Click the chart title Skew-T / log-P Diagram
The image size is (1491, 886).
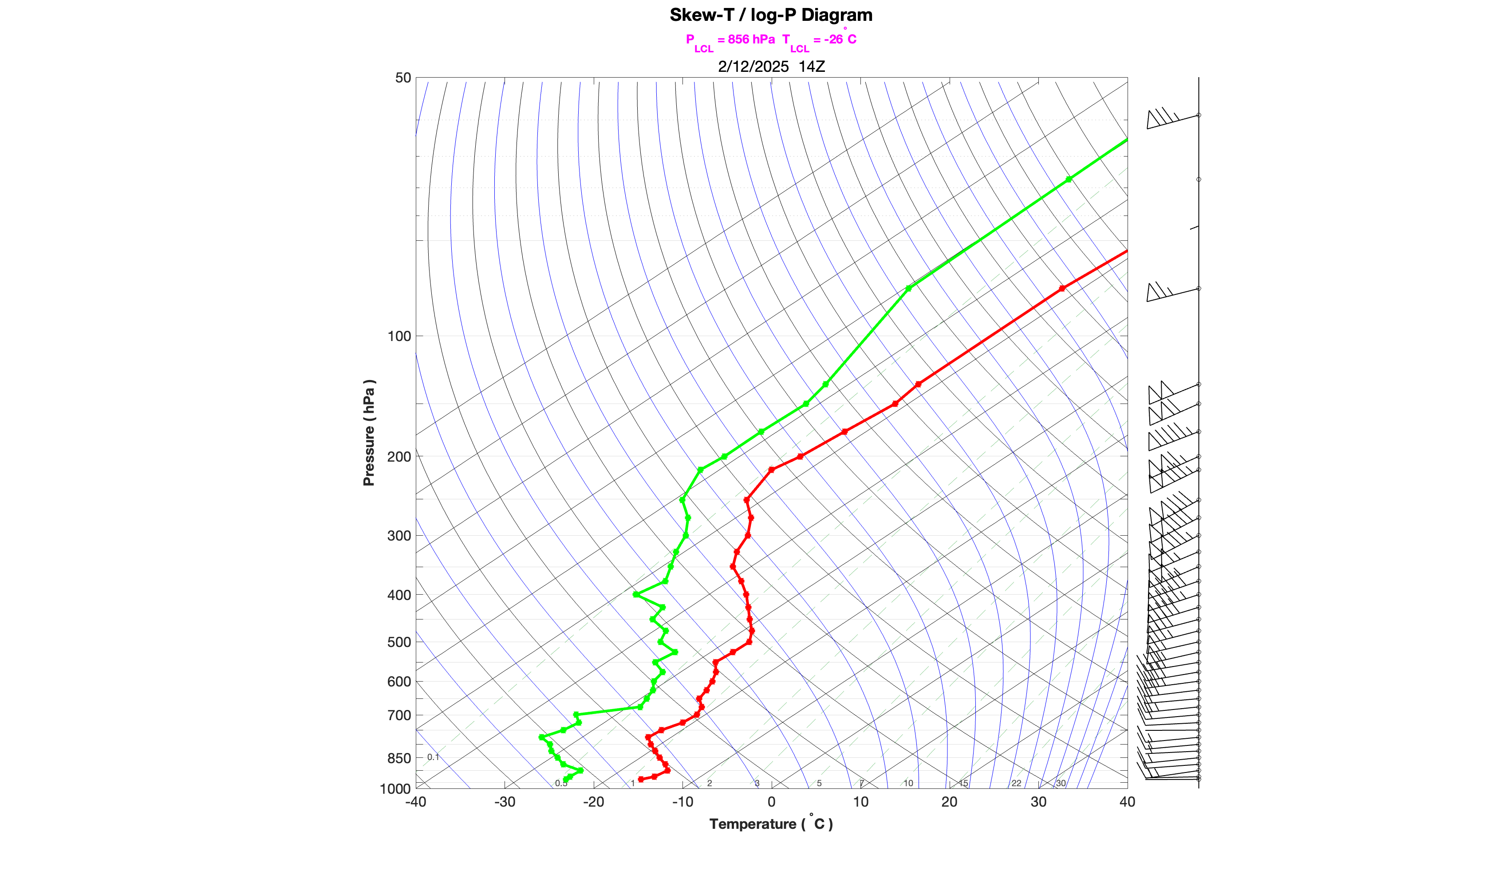pos(771,15)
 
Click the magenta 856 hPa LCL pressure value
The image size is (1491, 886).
pos(751,39)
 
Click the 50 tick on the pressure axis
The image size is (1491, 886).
pos(403,78)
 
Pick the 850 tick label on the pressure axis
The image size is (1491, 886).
pos(399,758)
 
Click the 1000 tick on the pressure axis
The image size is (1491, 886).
pos(395,789)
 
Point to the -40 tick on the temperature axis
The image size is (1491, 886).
pos(416,802)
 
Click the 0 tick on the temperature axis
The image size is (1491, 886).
pos(771,802)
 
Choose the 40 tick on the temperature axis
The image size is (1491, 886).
pos(1127,802)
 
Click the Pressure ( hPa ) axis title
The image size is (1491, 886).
pos(369,433)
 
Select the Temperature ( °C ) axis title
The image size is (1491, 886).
pos(771,824)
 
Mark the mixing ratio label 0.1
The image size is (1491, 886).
pos(433,757)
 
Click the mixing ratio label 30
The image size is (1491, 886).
pos(1060,783)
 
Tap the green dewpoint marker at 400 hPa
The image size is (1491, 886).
pos(636,595)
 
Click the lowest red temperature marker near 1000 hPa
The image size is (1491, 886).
pos(641,779)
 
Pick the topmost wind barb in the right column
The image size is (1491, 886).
pos(1171,118)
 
